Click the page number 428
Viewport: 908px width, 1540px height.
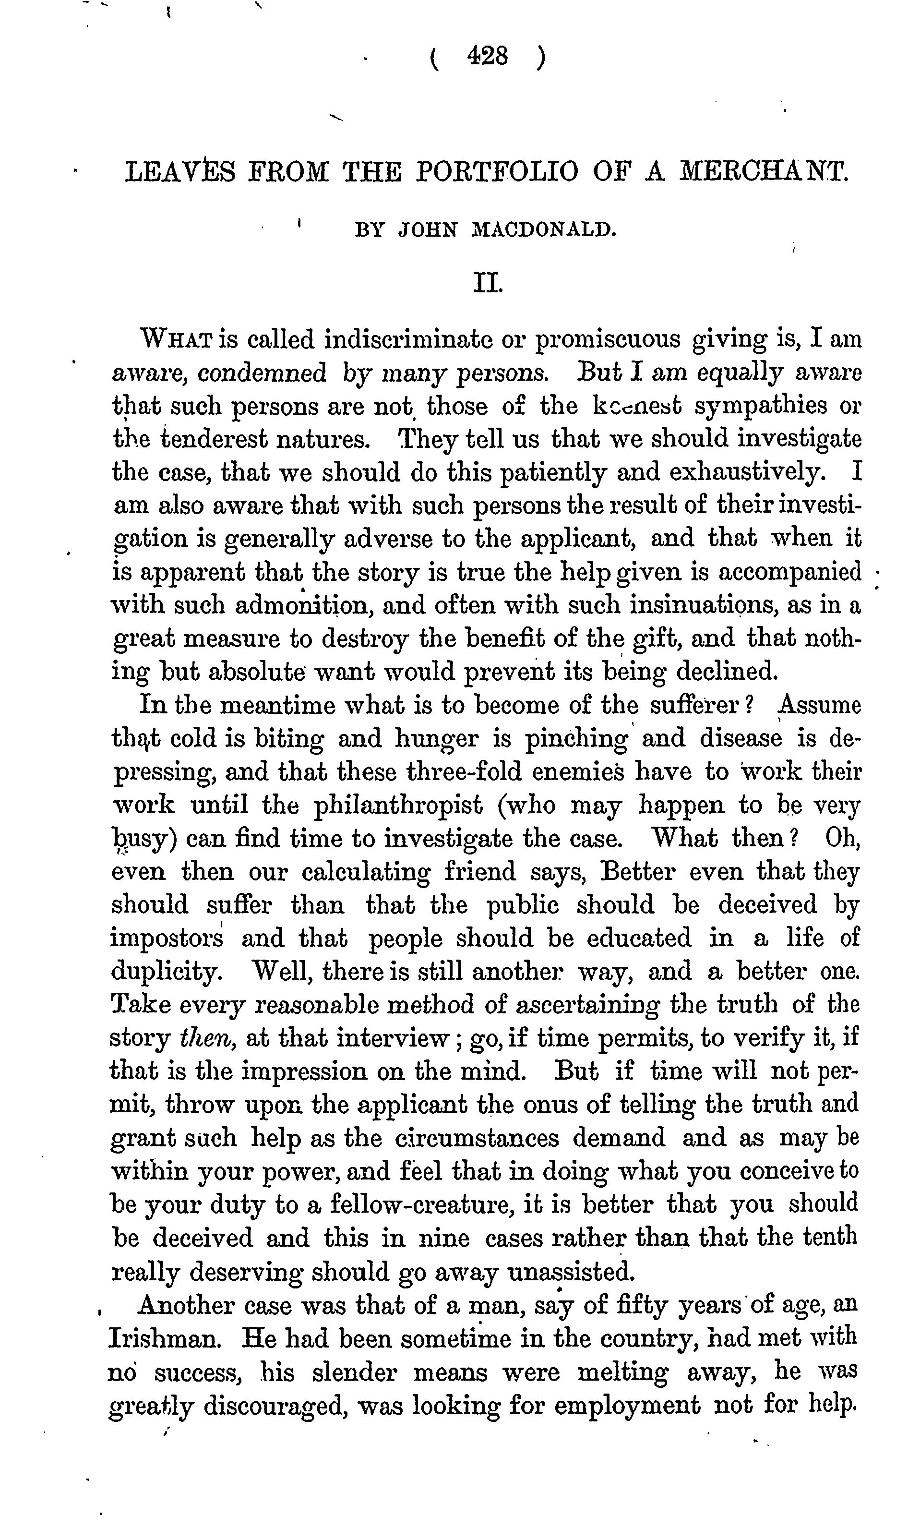point(488,57)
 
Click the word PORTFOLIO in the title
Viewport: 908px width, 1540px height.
point(496,172)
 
